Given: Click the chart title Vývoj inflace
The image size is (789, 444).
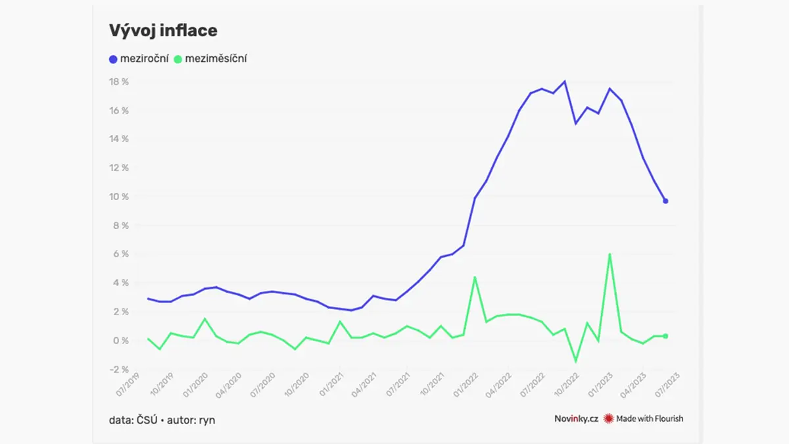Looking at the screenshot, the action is [x=163, y=31].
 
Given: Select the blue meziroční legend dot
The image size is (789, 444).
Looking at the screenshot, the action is [x=113, y=59].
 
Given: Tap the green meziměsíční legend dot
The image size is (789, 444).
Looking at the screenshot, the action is [x=178, y=59].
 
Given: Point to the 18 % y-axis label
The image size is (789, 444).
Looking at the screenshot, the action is [x=119, y=82].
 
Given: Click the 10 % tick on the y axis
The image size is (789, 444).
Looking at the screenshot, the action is [x=119, y=197].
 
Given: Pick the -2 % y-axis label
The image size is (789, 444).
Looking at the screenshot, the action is [x=120, y=369].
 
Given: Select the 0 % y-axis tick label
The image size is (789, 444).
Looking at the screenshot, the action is [x=121, y=341].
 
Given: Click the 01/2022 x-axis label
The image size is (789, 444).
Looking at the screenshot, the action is [x=466, y=385].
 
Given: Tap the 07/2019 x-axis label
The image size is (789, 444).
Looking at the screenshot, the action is [x=128, y=385].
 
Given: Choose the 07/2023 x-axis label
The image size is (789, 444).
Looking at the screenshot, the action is [x=667, y=385].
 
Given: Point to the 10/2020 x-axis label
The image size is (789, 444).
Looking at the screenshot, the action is [x=297, y=385].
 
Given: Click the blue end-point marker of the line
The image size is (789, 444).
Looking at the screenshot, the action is [x=665, y=201].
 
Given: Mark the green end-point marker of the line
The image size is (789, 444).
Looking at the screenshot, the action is [x=665, y=336].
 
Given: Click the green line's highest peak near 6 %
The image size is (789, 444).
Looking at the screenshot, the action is [x=610, y=255].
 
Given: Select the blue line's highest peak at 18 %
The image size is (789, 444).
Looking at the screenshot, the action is [x=565, y=82].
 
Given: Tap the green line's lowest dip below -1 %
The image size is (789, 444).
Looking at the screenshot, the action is [x=576, y=361].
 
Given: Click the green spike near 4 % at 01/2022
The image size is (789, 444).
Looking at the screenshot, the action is [x=475, y=278].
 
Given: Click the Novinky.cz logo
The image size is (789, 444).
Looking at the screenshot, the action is [x=576, y=418].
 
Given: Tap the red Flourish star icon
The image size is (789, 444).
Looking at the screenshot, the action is [x=608, y=418].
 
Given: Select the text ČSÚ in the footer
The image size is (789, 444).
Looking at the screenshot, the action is [x=147, y=420].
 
